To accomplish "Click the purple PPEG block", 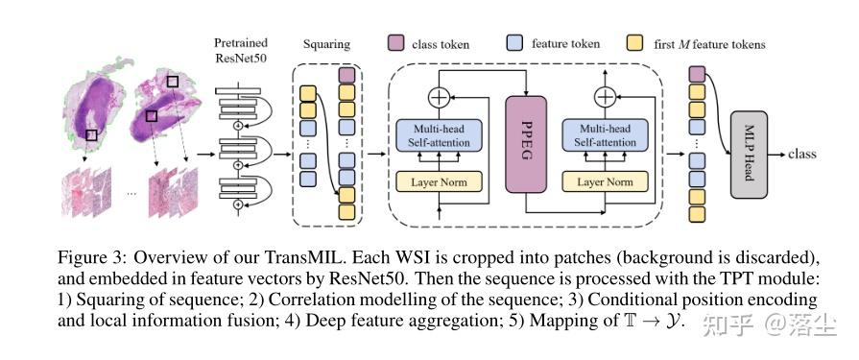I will click(525, 145).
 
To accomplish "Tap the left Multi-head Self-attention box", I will click(442, 135).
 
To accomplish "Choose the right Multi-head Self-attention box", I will click(606, 135).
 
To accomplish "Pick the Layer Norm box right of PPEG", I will click(606, 180).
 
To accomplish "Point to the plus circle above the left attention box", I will click(440, 96).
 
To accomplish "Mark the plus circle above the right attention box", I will click(605, 96).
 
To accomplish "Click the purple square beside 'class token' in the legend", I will click(395, 43).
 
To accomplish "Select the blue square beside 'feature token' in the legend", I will click(514, 43).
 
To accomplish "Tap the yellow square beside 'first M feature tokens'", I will click(635, 43).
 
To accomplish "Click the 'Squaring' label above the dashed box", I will click(326, 44).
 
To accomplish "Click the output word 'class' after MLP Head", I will click(804, 155).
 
